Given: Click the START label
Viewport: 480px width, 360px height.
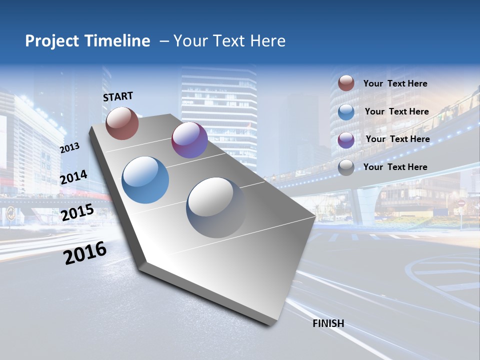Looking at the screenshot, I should (x=118, y=96).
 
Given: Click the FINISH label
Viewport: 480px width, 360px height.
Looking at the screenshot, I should (x=328, y=323).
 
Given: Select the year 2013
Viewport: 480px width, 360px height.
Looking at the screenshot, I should (x=70, y=147).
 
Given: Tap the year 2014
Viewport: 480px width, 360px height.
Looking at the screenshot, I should (x=74, y=177).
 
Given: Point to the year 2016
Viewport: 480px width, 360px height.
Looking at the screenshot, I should (x=85, y=252).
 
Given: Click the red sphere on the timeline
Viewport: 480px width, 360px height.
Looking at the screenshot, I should (x=122, y=123).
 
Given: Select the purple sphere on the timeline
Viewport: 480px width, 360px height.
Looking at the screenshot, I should (x=189, y=140).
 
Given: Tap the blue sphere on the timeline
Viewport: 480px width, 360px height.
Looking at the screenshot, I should (x=145, y=180).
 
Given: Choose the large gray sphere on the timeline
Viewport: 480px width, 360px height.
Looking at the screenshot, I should (x=216, y=207).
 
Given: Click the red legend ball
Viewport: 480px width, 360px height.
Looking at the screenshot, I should (x=346, y=83).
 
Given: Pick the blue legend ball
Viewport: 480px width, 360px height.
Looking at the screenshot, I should (x=346, y=111).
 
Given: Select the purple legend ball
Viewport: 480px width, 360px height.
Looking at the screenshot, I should (x=346, y=139).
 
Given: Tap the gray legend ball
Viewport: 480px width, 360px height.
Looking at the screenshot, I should (x=346, y=167).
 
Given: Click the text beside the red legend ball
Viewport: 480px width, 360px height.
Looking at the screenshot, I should (x=395, y=84).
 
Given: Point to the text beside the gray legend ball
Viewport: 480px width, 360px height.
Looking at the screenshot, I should (x=395, y=167).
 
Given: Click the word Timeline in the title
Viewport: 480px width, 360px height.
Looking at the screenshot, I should (x=118, y=41).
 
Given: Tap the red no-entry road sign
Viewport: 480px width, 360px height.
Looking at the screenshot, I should (x=461, y=203).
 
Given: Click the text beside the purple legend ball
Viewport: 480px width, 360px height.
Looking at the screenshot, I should (x=397, y=139).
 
